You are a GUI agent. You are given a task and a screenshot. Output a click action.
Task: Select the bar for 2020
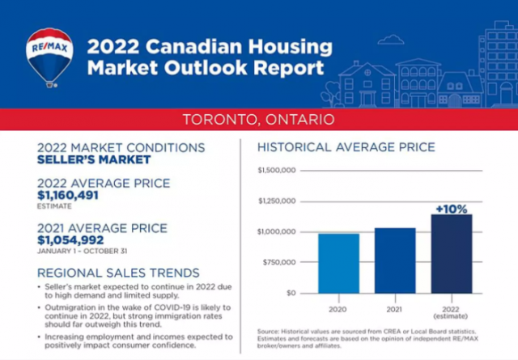click(338, 263)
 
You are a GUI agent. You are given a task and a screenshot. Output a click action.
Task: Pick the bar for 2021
click(394, 260)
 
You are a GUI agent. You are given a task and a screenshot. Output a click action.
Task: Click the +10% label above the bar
click(451, 209)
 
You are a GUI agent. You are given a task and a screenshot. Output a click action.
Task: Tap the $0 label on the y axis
click(291, 293)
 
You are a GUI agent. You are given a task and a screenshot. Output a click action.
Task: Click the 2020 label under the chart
click(338, 309)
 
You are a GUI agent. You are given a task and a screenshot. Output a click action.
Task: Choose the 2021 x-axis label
click(394, 309)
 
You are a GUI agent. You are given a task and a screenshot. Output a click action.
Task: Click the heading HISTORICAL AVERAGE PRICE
click(346, 147)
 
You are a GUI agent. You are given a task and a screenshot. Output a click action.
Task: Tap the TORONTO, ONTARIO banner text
click(258, 120)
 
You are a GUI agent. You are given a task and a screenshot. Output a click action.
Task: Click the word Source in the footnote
click(268, 332)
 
